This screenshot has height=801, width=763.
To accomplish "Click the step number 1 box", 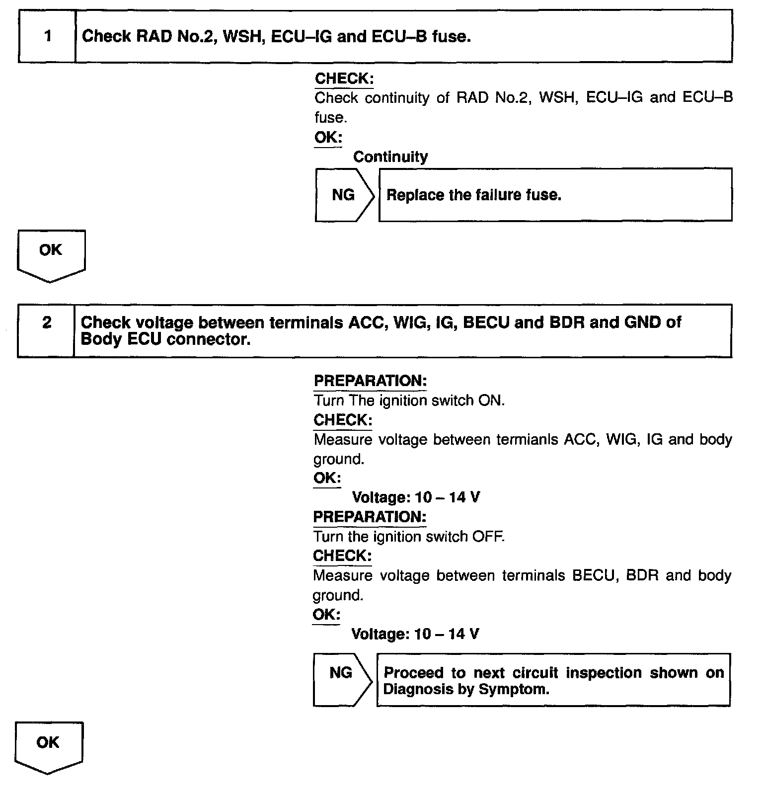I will [47, 36].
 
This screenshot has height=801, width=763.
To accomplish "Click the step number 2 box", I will [46, 330].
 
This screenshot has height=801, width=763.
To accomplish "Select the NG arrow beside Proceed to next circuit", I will [341, 679].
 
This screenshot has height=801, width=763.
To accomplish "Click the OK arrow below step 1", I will [51, 255].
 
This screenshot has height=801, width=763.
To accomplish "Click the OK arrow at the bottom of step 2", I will [49, 747].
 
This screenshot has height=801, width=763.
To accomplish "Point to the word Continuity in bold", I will [390, 157].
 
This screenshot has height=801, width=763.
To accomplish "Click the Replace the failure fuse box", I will [555, 195].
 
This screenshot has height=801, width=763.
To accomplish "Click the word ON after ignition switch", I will [491, 400].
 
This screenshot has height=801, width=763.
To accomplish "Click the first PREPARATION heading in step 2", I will [370, 381].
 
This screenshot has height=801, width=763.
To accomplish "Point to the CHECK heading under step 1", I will [344, 79].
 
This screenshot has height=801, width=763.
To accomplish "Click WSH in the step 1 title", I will [242, 36].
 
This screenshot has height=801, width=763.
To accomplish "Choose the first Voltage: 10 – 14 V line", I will [416, 497].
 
